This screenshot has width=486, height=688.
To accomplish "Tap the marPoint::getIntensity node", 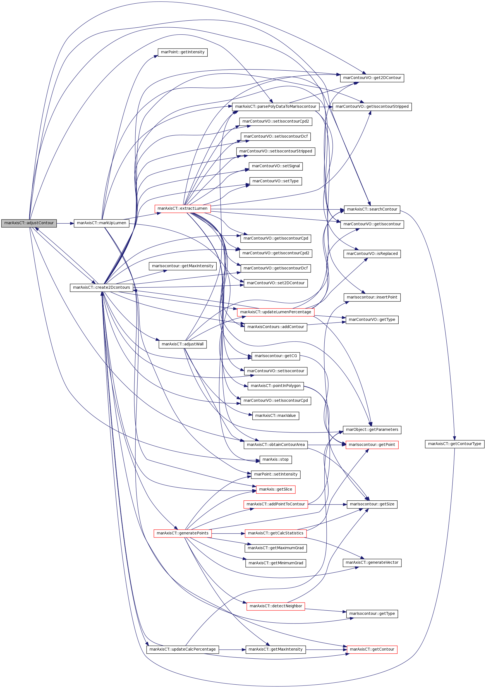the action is tap(183, 52).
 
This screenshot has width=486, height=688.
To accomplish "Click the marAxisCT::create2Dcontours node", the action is tap(102, 288).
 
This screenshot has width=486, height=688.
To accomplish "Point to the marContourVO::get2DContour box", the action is tap(372, 78).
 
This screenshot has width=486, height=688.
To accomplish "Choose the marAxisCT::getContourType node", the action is tap(454, 444).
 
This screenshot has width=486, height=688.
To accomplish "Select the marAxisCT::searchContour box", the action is tap(372, 209).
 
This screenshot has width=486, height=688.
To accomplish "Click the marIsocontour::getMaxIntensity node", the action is tap(183, 266).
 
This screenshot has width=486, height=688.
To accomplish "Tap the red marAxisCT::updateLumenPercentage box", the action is tap(276, 312).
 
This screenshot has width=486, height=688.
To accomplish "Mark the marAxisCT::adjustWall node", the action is tap(183, 344).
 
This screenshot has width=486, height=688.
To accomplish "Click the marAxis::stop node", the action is tap(276, 460).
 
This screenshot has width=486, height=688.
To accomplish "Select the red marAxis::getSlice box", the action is tap(276, 489).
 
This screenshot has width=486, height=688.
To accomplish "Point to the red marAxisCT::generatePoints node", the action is tap(183, 533).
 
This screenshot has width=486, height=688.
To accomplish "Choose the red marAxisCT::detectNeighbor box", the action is tap(276, 606).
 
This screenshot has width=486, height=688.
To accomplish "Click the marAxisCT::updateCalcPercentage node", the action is tap(183, 650).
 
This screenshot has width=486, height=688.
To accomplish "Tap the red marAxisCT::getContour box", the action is tap(372, 650).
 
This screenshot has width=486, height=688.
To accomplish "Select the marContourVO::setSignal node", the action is tap(276, 166).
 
